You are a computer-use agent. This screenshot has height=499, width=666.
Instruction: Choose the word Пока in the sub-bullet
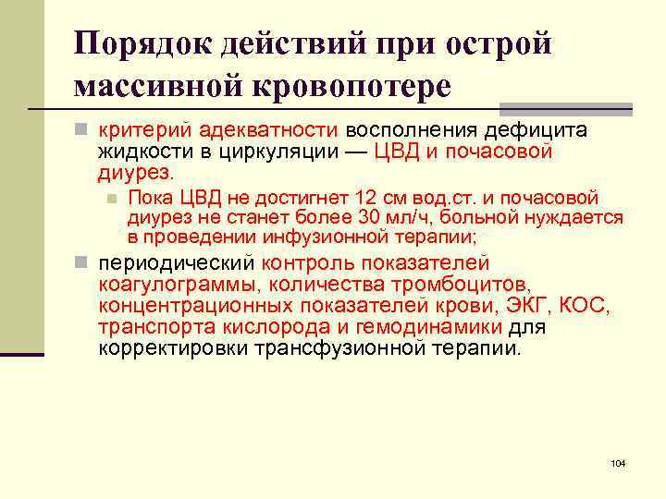pos(148,198)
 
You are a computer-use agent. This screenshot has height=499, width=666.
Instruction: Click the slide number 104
pos(619,462)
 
